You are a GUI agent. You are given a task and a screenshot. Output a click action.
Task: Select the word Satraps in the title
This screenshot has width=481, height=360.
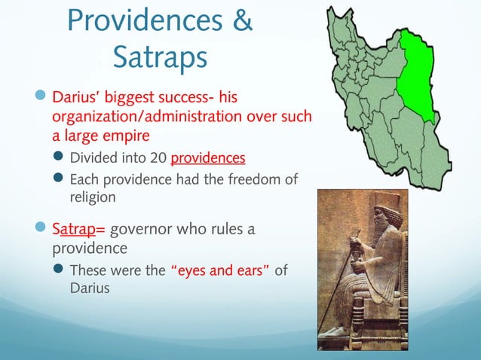(x=158, y=56)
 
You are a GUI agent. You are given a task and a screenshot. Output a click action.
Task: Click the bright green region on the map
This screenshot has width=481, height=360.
(x=418, y=75)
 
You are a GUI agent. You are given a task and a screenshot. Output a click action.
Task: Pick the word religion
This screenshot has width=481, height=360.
(x=93, y=197)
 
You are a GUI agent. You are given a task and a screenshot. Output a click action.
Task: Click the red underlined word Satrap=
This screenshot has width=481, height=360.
(x=79, y=228)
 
